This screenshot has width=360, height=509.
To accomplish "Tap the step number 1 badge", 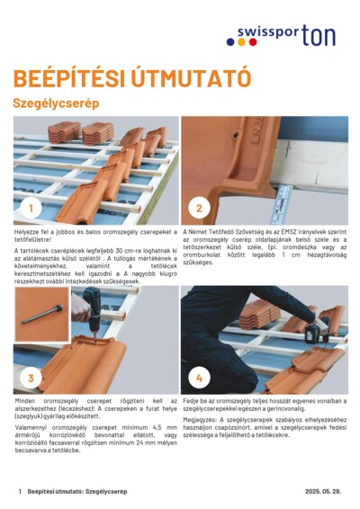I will pyautogui.click(x=31, y=209).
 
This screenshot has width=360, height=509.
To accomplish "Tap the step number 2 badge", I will pyautogui.click(x=199, y=209).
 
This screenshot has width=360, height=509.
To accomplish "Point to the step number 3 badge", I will pyautogui.click(x=31, y=378).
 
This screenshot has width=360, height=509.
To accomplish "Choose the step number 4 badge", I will pyautogui.click(x=199, y=378).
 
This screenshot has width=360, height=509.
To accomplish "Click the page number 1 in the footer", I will pyautogui.click(x=20, y=492).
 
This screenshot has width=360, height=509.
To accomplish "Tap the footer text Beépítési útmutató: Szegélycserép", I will pyautogui.click(x=76, y=492).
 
